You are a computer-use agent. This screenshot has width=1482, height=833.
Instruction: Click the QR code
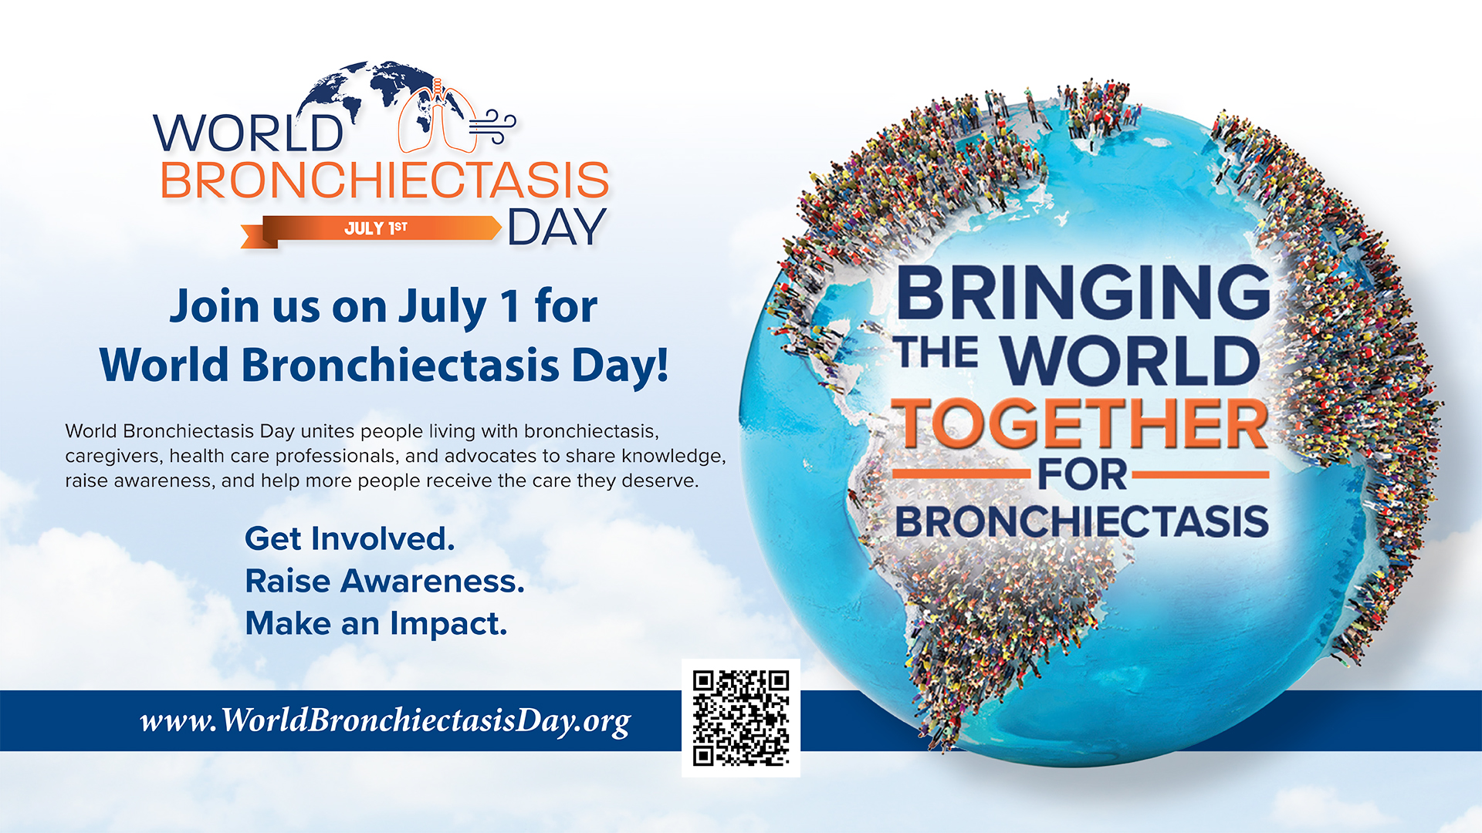741,718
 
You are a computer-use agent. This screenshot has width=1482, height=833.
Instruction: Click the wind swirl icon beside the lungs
492,126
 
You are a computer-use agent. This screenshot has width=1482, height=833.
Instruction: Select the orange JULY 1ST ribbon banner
371,230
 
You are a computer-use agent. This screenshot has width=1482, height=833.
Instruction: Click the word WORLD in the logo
249,133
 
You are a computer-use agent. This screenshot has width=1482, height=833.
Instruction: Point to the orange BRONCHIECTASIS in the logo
384,180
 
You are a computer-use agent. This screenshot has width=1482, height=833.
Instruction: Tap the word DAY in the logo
557,228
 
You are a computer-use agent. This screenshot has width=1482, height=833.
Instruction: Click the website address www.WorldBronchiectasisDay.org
385,721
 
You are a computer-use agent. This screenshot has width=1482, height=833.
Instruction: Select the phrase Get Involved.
350,538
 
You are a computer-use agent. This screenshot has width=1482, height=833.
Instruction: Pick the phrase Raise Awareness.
384,581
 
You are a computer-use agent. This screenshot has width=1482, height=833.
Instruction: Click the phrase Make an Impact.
376,623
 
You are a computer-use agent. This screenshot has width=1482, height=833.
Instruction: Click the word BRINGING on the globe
1083,292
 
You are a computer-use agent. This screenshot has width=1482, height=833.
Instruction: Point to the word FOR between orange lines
1081,474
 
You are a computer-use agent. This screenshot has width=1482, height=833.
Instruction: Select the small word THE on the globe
938,352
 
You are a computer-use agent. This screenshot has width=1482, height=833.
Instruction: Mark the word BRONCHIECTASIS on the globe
1082,522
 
